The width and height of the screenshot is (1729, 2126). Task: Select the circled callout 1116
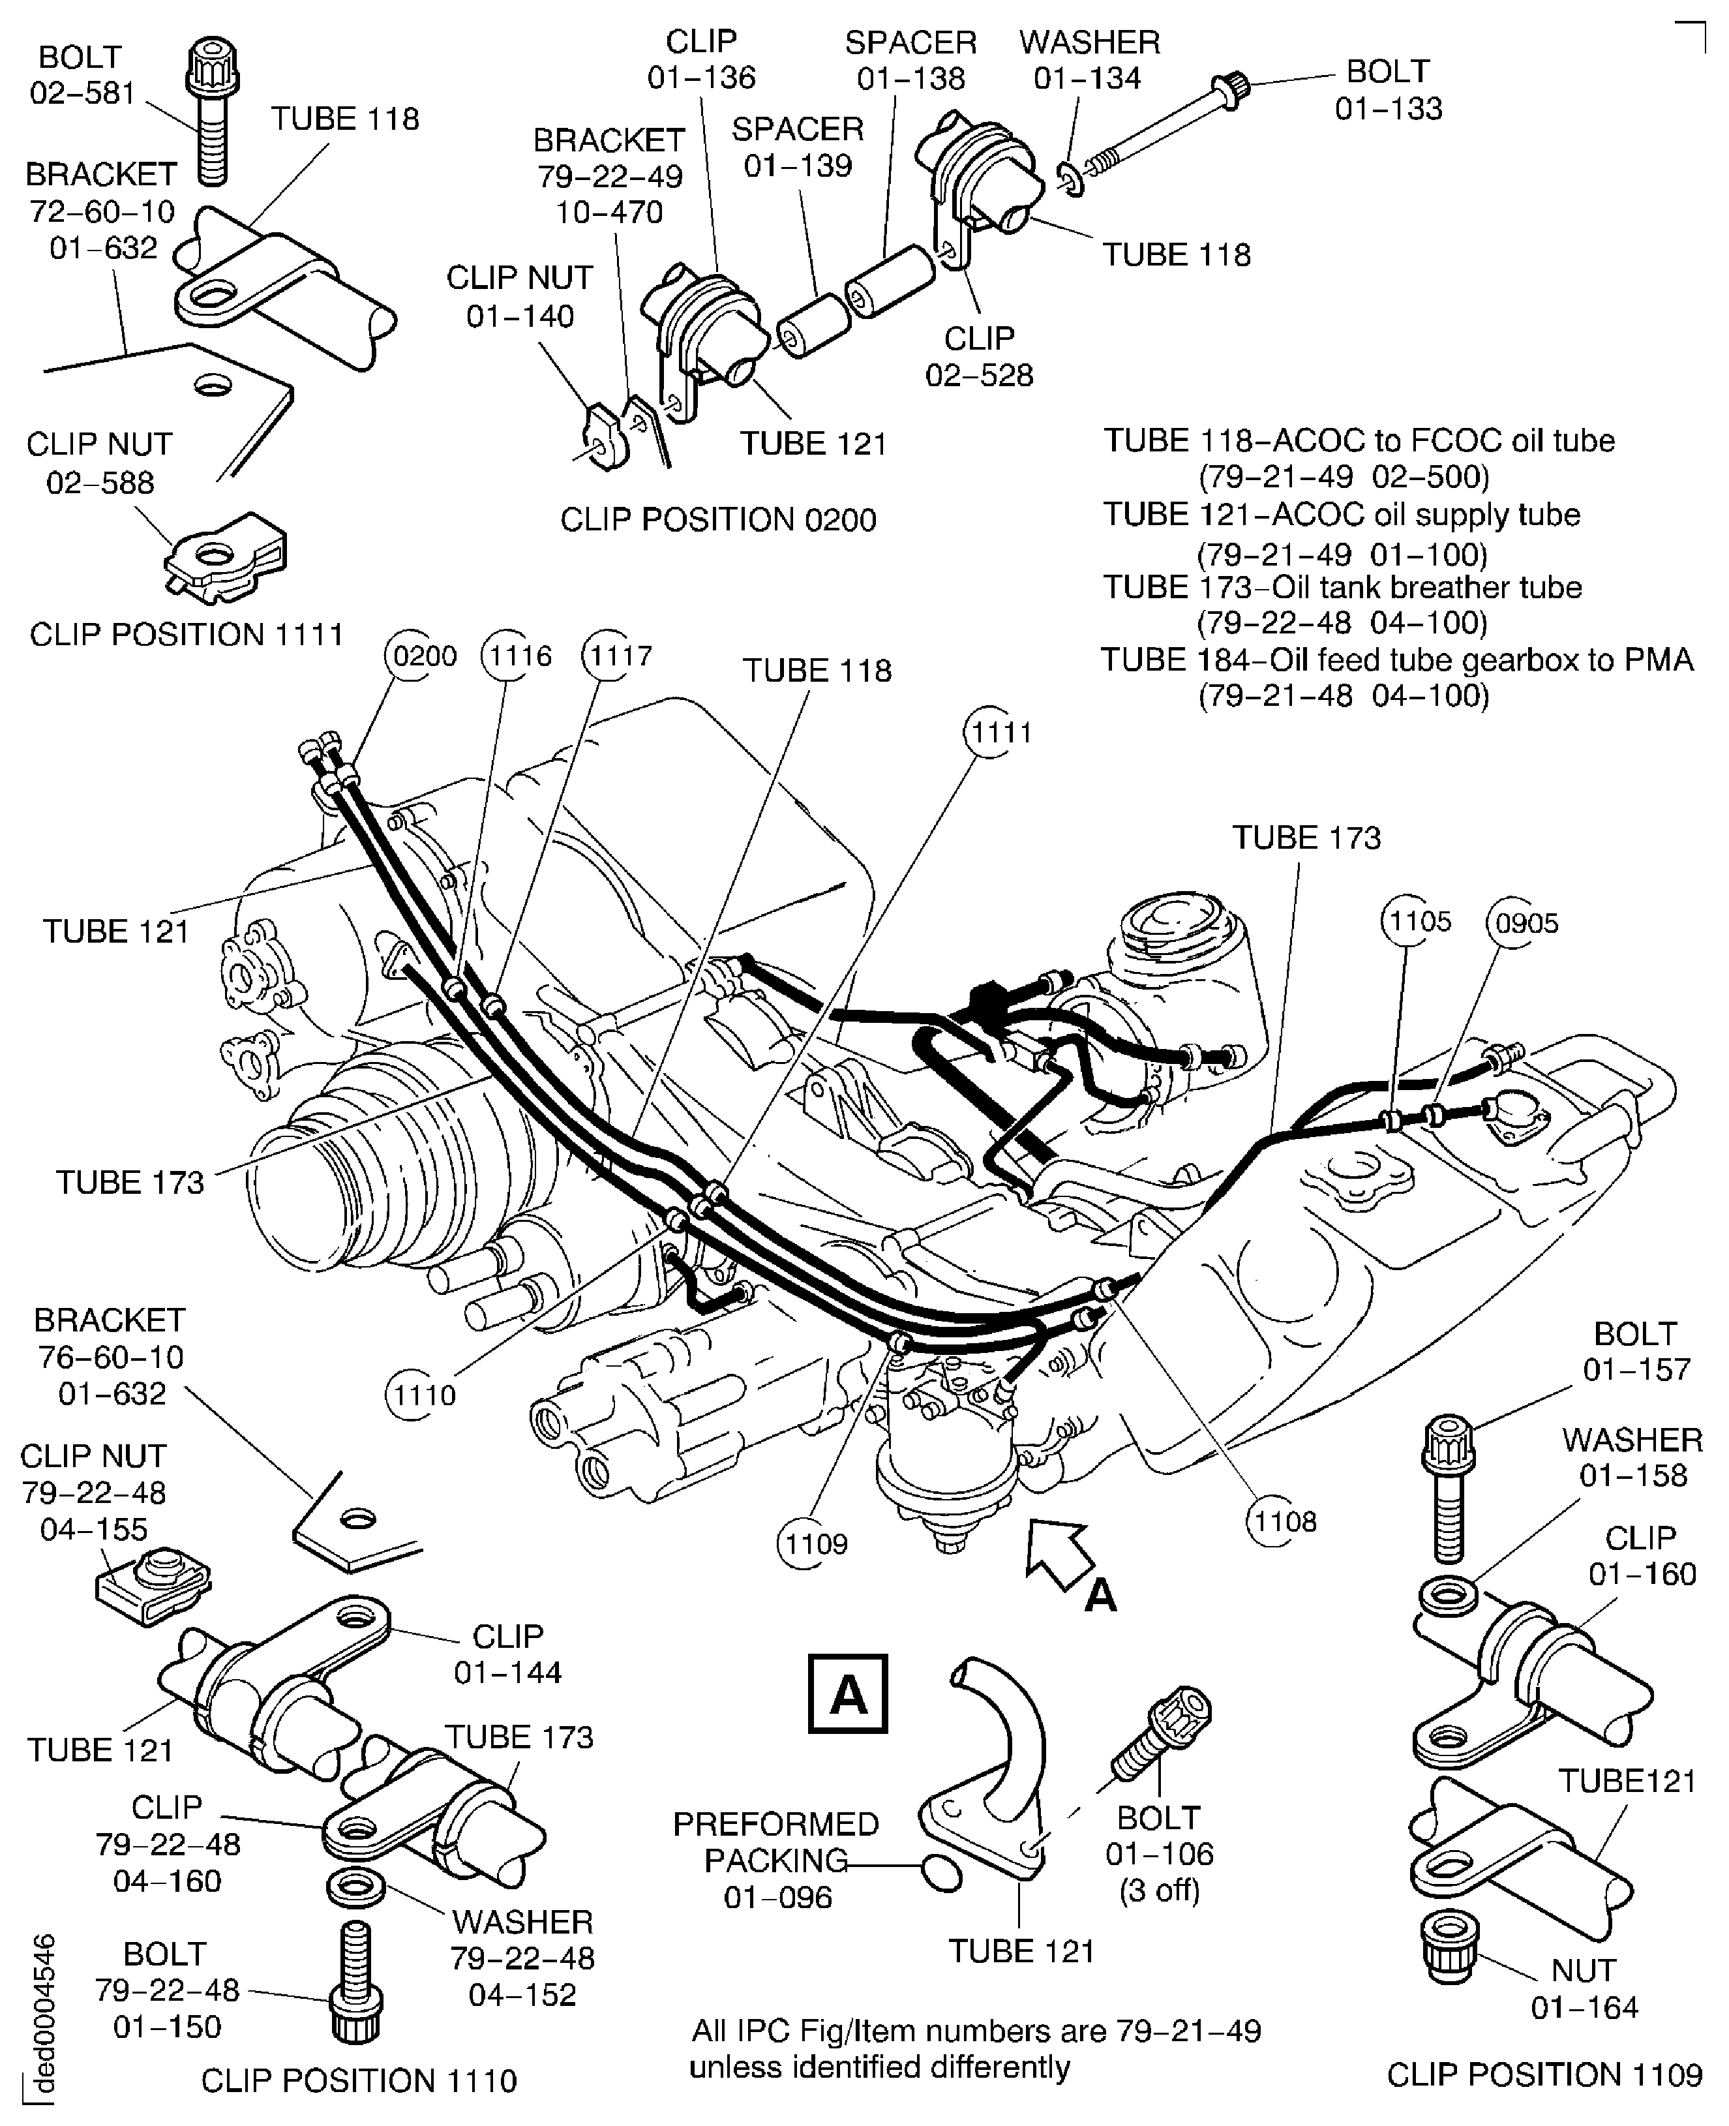coord(516,656)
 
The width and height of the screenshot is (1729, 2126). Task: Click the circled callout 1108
coord(1284,1521)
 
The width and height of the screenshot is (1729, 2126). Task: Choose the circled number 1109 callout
coord(815,1543)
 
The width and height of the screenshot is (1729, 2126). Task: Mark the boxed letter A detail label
coord(848,1693)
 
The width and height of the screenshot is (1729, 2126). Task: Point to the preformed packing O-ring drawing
coord(941,1873)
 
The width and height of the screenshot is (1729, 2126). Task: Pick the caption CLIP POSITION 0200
coord(718,519)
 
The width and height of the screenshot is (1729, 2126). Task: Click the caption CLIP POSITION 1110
coord(359,2080)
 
